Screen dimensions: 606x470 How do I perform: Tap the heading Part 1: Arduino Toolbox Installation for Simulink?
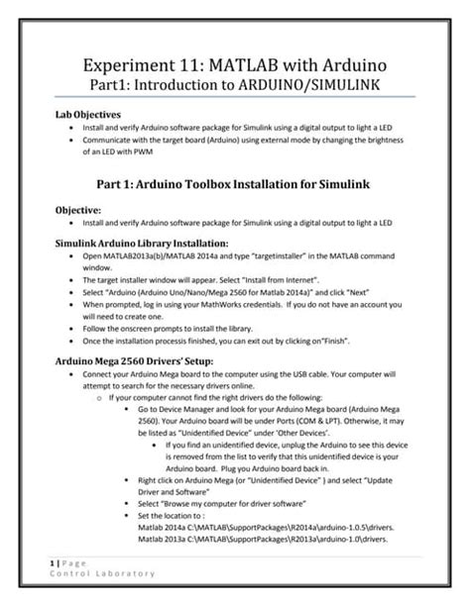pyautogui.click(x=235, y=182)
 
